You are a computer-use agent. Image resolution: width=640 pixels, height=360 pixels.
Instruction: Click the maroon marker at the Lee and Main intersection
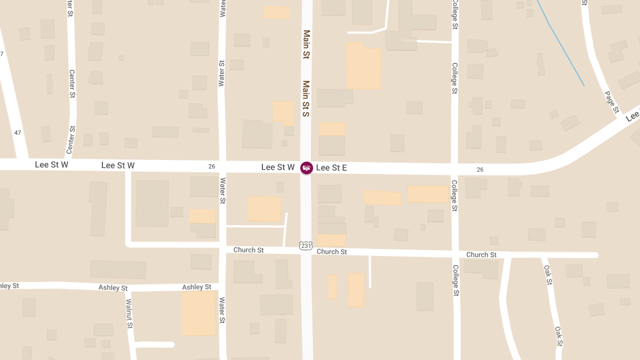pyautogui.click(x=307, y=168)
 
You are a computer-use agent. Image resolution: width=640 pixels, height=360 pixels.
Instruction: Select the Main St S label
pyautogui.click(x=307, y=99)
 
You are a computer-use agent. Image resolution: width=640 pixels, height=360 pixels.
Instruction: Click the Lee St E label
pyautogui.click(x=331, y=168)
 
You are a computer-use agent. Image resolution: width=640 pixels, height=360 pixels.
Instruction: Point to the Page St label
pyautogui.click(x=612, y=102)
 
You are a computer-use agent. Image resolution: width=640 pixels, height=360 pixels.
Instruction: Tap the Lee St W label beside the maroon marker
pyautogui.click(x=278, y=167)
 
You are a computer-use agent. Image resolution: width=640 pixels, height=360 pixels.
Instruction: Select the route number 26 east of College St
pyautogui.click(x=480, y=170)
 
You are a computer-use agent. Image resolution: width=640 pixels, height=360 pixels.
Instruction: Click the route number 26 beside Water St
pyautogui.click(x=212, y=166)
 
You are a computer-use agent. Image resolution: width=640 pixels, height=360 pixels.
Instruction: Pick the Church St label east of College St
pyautogui.click(x=481, y=255)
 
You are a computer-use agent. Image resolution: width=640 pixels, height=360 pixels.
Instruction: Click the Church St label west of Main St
pyautogui.click(x=249, y=250)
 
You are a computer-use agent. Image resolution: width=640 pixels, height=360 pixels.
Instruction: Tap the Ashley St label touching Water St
pyautogui.click(x=196, y=287)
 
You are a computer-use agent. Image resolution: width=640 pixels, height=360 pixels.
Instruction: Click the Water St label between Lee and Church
pyautogui.click(x=223, y=191)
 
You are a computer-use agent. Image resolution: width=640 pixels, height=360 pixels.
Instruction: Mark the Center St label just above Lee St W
pyautogui.click(x=70, y=140)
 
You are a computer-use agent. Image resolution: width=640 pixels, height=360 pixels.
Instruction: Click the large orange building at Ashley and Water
pyautogui.click(x=198, y=313)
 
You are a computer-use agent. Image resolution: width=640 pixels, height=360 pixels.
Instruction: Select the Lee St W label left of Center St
pyautogui.click(x=52, y=165)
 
